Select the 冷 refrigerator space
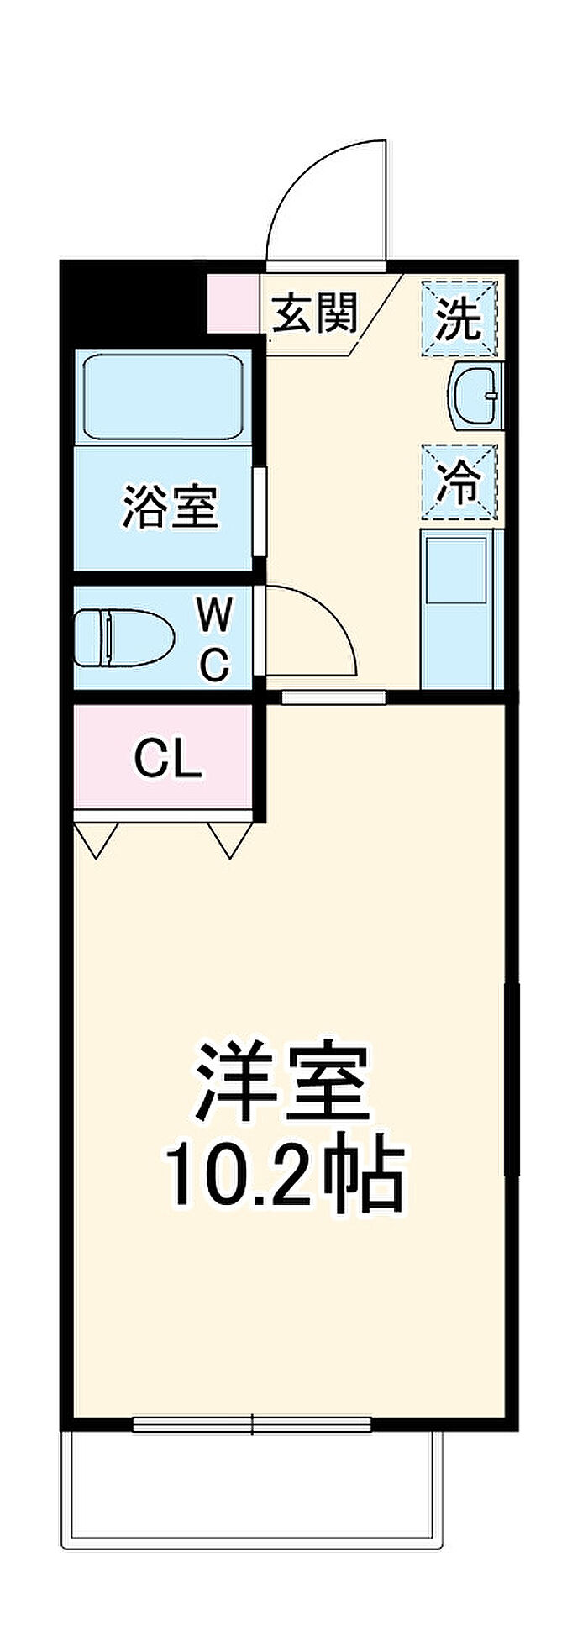pyautogui.click(x=459, y=482)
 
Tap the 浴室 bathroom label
pyautogui.click(x=171, y=506)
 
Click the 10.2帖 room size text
pyautogui.click(x=284, y=1173)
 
